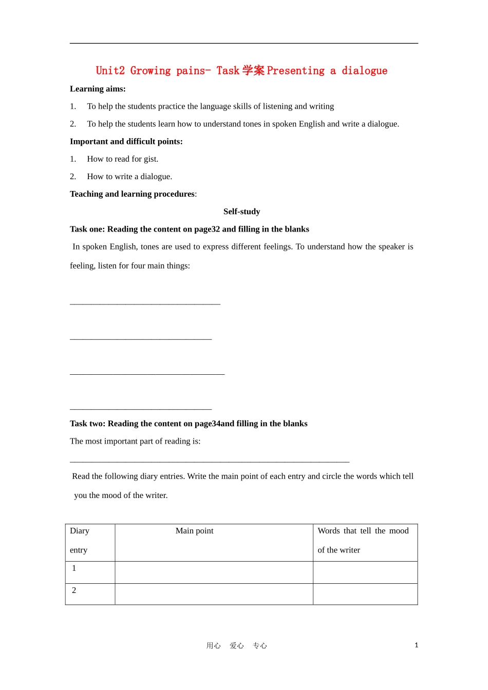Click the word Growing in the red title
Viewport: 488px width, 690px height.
150,71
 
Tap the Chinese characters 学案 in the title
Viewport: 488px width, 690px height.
253,70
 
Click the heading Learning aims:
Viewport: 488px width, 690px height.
98,89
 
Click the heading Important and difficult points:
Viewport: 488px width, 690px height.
126,142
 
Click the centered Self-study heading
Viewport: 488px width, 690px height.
242,212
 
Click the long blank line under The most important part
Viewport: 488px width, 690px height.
210,462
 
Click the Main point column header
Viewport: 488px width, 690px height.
194,531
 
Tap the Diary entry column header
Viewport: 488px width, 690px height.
80,540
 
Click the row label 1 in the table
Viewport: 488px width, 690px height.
74,568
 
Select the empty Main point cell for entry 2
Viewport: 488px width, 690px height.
214,594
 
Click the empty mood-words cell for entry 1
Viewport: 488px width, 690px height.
365,572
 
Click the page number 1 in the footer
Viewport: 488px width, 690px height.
416,645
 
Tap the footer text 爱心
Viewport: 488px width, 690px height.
236,646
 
